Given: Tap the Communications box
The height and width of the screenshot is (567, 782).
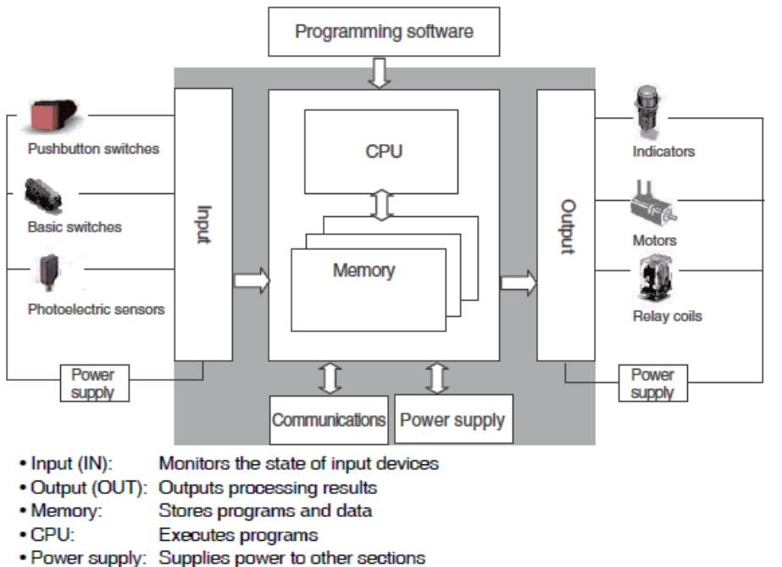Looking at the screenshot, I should tap(329, 419).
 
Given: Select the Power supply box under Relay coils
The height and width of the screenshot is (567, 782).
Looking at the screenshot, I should tap(652, 383).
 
